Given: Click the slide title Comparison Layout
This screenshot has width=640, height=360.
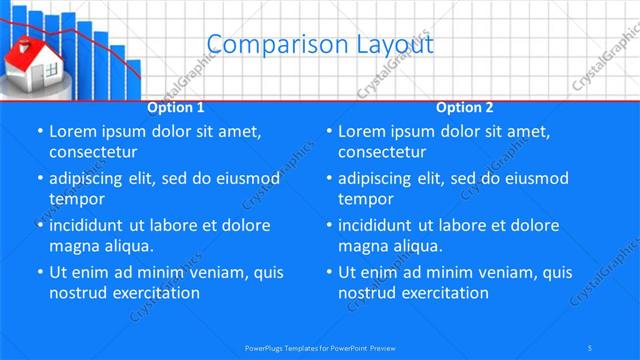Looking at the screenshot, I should tap(319, 45).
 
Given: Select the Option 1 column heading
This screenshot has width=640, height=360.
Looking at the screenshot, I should tap(176, 107).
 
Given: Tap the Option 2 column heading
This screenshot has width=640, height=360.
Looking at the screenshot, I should tap(465, 107).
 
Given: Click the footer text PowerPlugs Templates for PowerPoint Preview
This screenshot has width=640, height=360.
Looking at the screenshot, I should tap(319, 347).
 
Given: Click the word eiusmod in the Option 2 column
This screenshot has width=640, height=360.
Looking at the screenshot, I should tap(534, 178).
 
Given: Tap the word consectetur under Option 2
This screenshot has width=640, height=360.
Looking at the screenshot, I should tap(383, 152).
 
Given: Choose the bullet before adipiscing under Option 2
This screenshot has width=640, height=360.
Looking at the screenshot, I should tap(329, 179).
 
